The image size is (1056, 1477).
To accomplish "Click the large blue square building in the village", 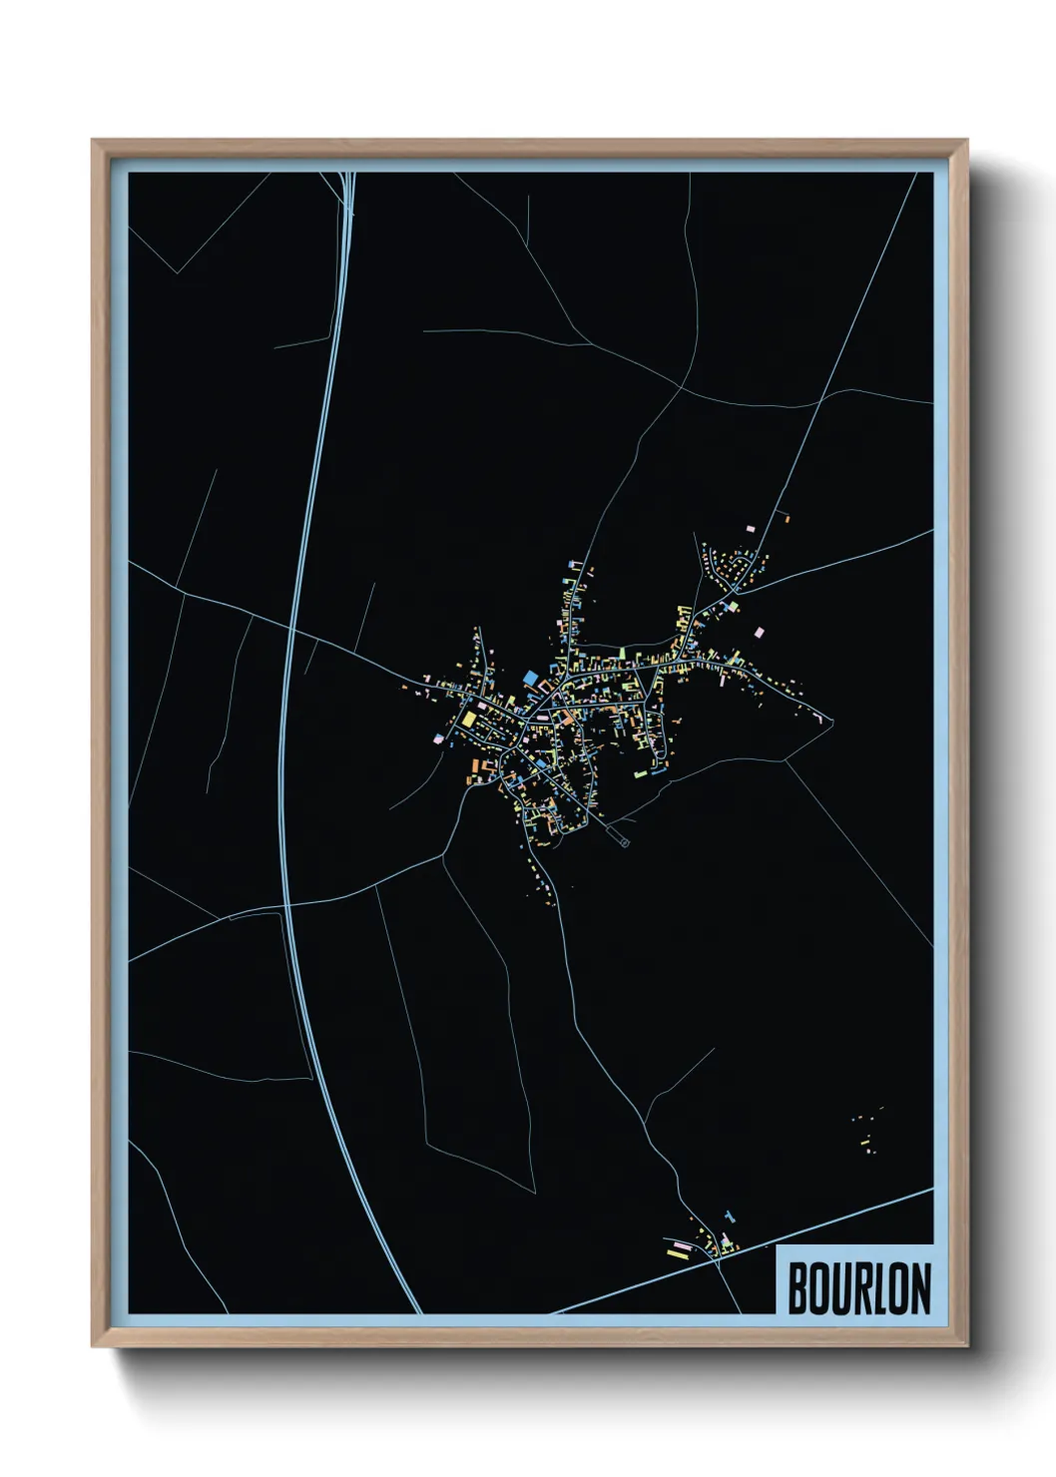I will (529, 678).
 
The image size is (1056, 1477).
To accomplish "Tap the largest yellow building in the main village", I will (467, 717).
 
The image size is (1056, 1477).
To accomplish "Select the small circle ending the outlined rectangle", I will (626, 843).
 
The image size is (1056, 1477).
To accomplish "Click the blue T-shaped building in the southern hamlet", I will (729, 1218).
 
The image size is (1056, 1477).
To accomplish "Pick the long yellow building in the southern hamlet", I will (679, 1254).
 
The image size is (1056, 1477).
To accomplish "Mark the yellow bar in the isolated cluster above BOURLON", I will (866, 1140).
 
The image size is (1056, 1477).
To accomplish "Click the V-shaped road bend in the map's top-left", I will (178, 271).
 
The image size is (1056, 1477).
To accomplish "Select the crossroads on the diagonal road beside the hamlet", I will (718, 1261).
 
